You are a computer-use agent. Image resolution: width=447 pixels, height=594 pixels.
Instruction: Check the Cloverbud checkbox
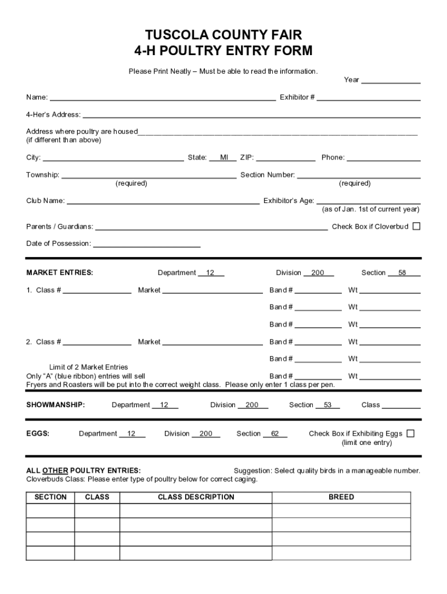click(x=416, y=226)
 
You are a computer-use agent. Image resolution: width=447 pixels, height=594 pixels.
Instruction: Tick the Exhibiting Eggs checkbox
click(x=410, y=433)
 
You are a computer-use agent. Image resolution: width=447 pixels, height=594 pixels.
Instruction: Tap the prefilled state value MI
click(x=223, y=158)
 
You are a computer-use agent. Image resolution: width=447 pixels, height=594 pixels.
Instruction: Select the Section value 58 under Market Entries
click(x=402, y=273)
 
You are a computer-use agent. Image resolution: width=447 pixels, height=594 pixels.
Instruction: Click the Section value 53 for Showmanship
click(x=327, y=405)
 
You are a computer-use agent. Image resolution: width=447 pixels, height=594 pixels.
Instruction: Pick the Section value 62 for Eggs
click(x=275, y=433)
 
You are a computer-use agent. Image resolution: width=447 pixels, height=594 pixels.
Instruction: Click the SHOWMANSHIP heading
click(x=56, y=405)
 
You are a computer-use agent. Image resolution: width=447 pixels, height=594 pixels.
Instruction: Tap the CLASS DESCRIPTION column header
click(x=196, y=497)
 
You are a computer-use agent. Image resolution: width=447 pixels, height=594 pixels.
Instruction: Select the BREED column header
click(x=341, y=497)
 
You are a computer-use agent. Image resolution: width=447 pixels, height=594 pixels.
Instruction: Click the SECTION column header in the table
click(x=51, y=497)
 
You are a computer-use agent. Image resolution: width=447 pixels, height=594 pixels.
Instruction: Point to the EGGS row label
click(x=38, y=433)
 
